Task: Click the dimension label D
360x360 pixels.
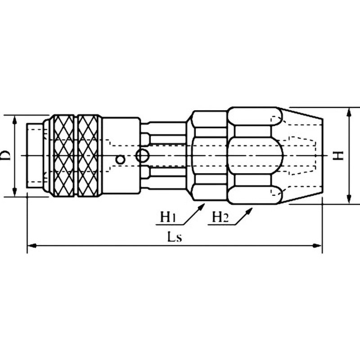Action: [x=6, y=156]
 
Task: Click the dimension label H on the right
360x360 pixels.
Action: [x=339, y=155]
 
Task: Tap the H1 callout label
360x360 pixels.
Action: [x=168, y=217]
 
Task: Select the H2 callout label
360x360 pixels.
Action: [x=220, y=217]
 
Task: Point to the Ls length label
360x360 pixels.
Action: [x=175, y=237]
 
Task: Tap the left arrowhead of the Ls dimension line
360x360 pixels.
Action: [x=31, y=246]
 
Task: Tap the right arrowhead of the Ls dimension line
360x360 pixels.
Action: [x=318, y=246]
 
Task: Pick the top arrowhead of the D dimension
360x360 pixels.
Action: [x=14, y=120]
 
